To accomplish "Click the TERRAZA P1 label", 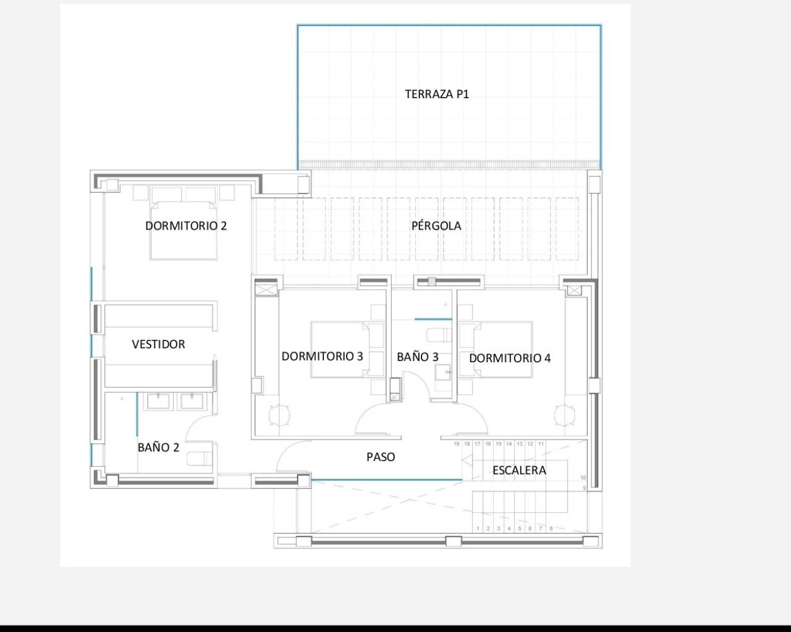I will [437, 94].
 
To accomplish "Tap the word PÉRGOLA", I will [436, 226].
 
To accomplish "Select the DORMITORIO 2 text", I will [186, 226].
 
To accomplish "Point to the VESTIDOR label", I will [158, 344].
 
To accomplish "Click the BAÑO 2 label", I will [158, 447].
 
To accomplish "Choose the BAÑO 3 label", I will [418, 357].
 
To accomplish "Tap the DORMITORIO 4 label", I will [510, 358].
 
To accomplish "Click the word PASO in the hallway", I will [381, 457].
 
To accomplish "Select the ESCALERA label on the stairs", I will [519, 470].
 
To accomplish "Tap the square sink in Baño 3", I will [443, 372].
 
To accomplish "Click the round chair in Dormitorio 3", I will [280, 415].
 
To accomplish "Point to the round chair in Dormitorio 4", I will [564, 415].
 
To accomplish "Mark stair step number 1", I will [478, 528].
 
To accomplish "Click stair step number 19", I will [457, 444].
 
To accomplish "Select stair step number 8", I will [551, 528].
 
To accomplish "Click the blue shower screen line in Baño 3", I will [433, 319].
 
